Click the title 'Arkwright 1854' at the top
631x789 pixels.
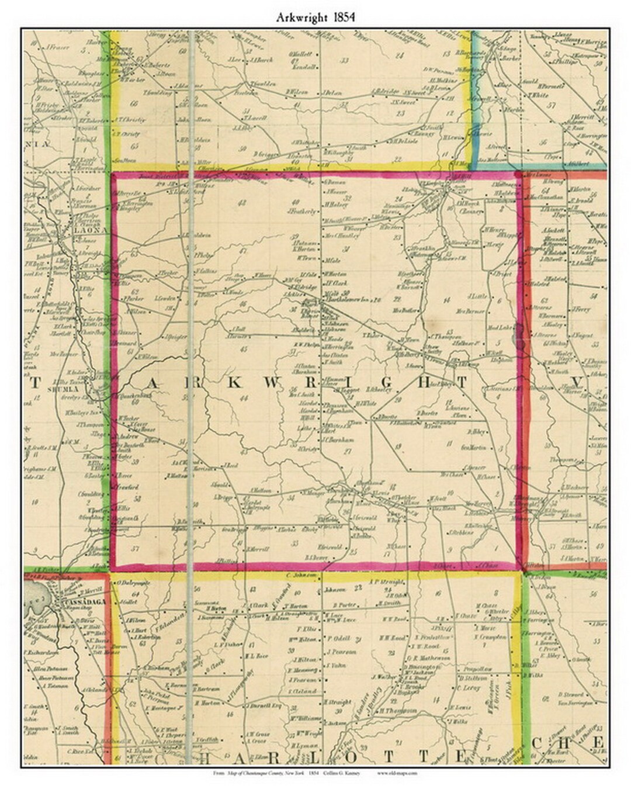click(315, 18)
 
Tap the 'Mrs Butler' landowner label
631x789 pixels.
click(406, 310)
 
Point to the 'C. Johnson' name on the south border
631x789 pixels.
click(297, 575)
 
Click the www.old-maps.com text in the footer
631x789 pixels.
click(397, 773)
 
